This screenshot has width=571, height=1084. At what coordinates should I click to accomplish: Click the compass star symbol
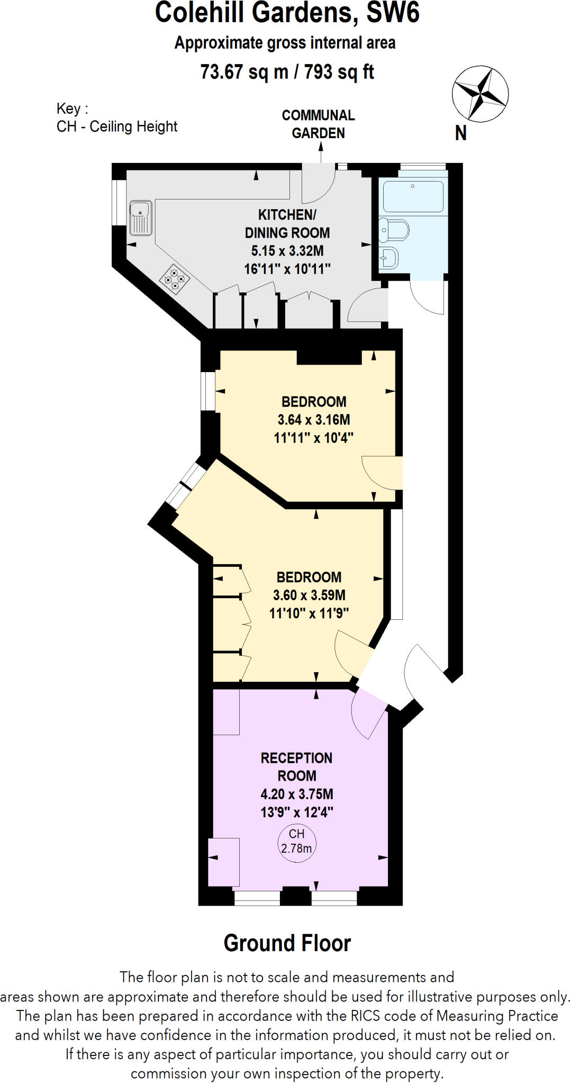click(480, 94)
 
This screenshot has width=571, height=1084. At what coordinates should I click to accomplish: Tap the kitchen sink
click(141, 217)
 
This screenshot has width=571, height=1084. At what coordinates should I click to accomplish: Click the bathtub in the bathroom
click(413, 196)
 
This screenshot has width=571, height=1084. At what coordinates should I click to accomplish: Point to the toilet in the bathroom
click(394, 230)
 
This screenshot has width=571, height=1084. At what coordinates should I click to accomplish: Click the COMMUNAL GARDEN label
click(318, 124)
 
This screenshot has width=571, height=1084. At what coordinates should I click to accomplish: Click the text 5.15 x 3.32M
click(287, 250)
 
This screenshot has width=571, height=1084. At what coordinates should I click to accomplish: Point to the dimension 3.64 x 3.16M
click(314, 420)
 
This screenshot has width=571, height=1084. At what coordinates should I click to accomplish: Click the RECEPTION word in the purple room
click(296, 758)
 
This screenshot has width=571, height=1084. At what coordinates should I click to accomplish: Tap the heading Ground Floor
click(287, 943)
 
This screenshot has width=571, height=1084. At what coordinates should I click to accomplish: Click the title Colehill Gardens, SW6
click(287, 13)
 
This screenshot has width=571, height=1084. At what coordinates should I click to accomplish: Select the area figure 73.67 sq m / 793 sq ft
click(287, 71)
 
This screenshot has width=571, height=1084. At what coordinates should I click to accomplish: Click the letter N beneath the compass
click(461, 133)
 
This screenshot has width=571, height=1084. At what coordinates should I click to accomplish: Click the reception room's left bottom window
click(257, 898)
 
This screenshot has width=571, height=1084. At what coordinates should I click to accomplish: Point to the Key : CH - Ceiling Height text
click(116, 118)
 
